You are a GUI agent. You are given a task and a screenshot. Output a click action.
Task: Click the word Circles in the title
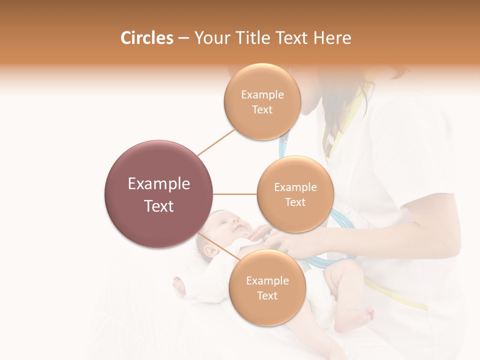point(147,38)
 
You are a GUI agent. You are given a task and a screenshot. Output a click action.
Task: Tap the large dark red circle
point(159,194)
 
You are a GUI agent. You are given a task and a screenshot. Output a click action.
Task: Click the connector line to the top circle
point(216,141)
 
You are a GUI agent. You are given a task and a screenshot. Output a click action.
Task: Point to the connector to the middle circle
point(235,194)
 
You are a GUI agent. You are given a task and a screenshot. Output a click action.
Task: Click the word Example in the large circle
point(159,184)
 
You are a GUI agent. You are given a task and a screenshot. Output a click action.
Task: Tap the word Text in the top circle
point(262,110)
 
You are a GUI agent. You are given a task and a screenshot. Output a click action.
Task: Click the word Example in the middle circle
point(295,187)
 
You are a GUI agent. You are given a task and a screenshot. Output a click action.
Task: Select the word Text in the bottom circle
point(267,295)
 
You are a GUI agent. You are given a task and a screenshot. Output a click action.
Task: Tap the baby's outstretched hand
point(179,286)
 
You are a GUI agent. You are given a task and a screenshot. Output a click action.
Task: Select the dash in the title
point(183,38)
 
